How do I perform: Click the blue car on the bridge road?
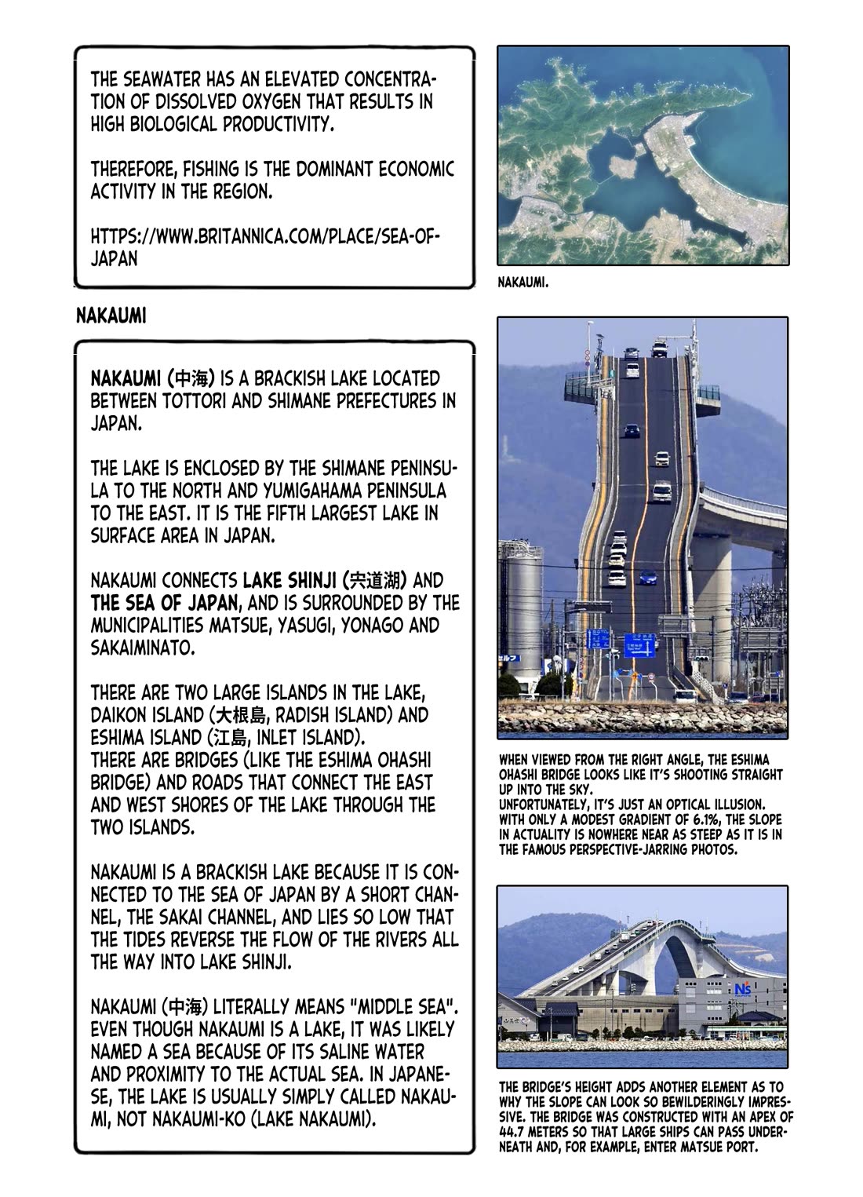pyautogui.click(x=647, y=577)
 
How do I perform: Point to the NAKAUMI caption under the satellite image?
pyautogui.click(x=523, y=283)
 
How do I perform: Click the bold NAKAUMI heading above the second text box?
pyautogui.click(x=111, y=316)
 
